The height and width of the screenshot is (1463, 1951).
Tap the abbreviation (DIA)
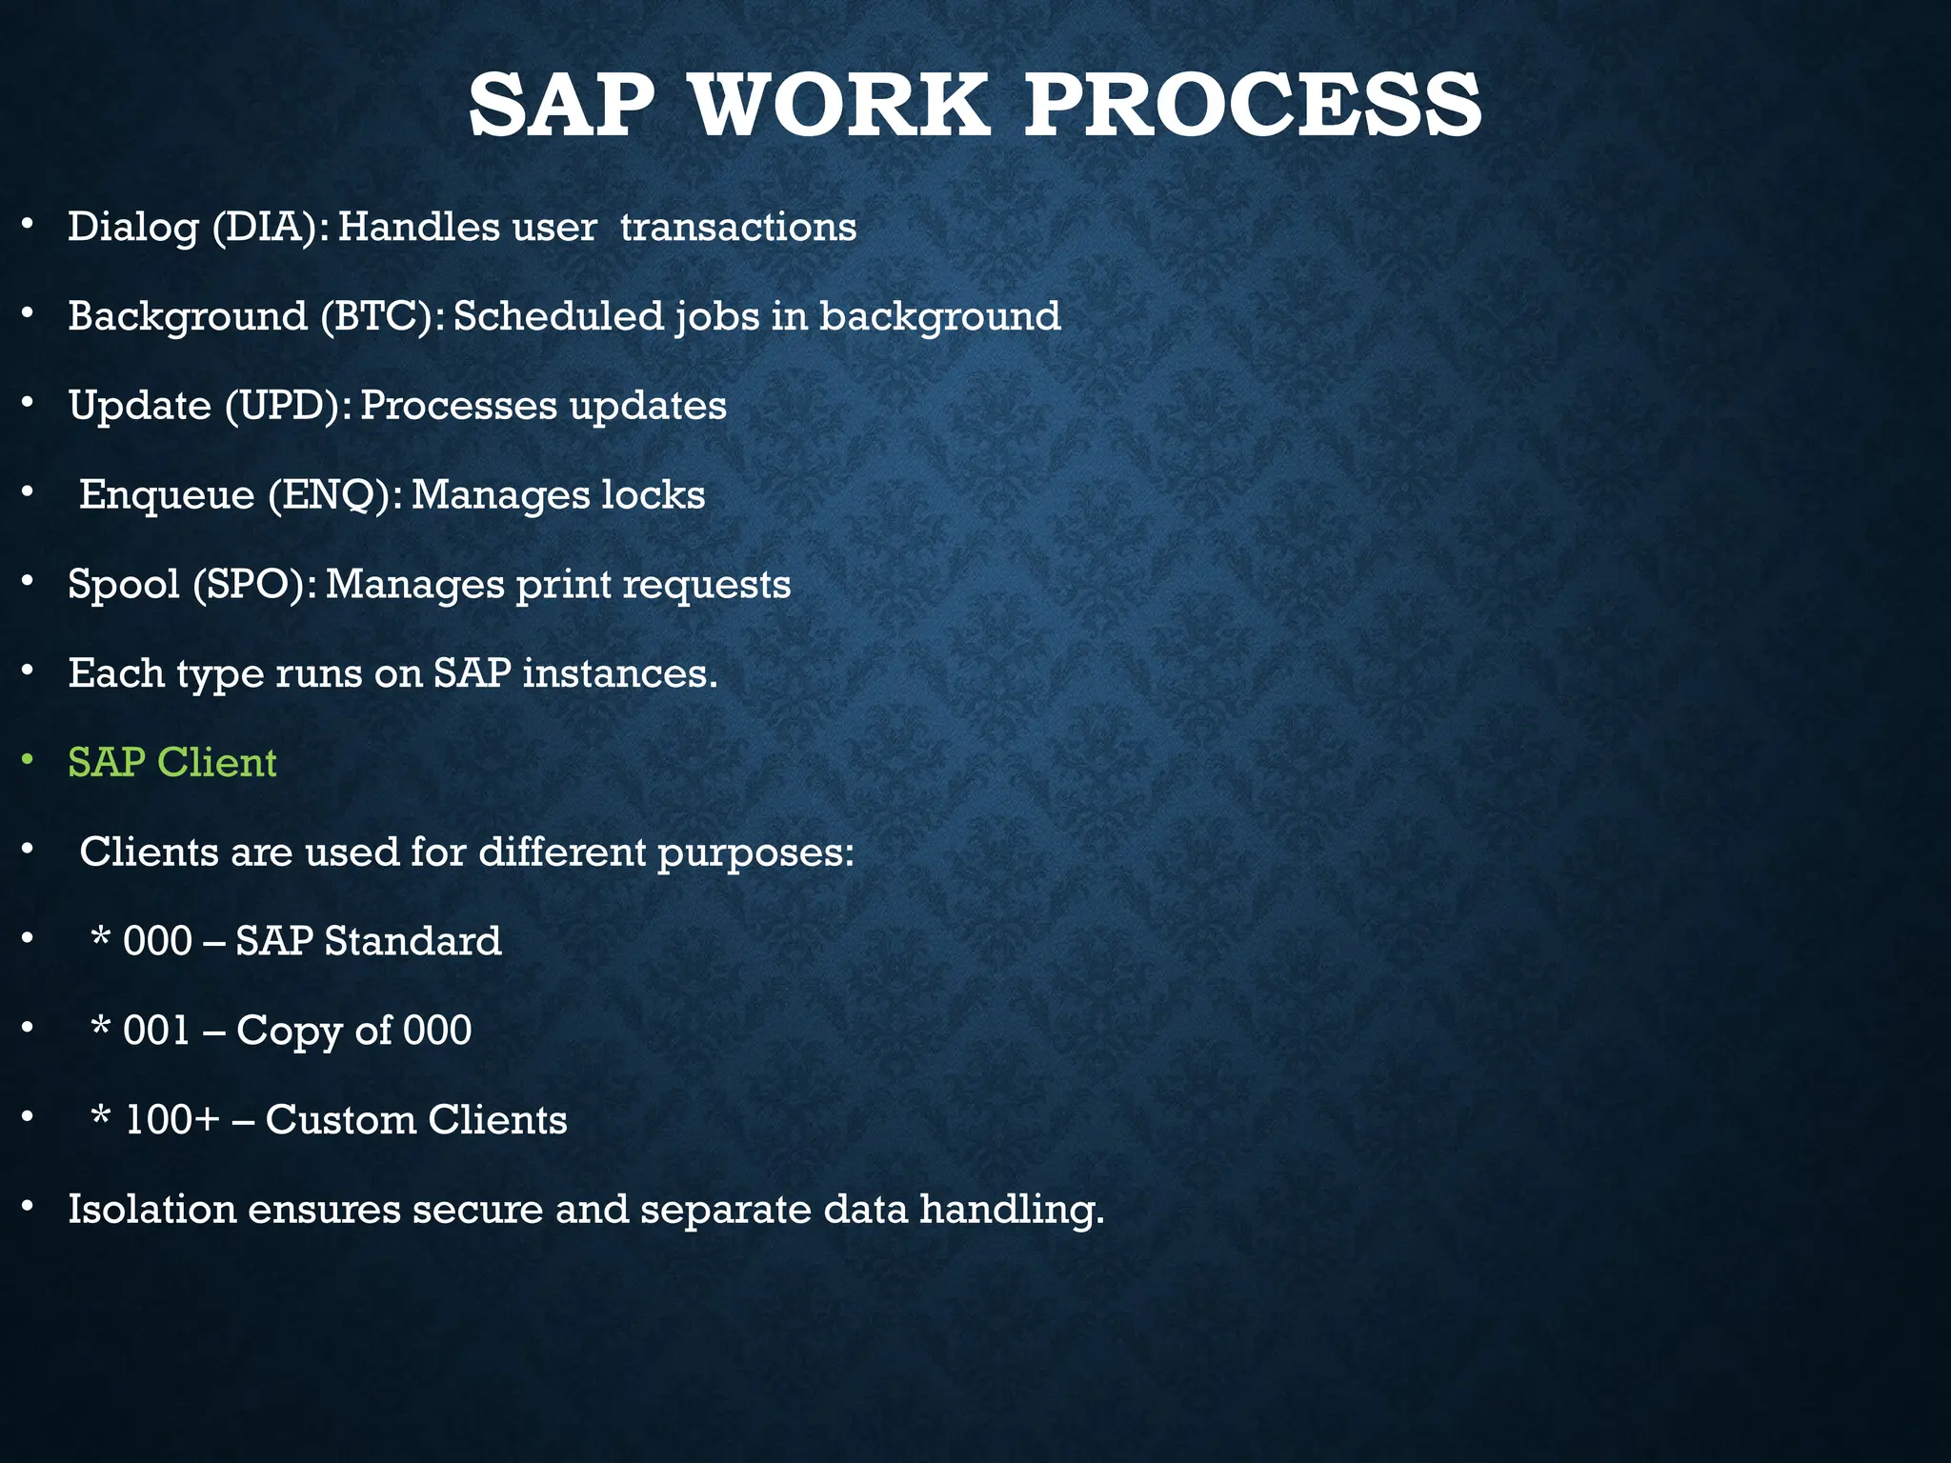coord(270,228)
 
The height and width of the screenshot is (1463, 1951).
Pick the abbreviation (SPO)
coord(254,584)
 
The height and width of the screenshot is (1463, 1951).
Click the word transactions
coord(738,228)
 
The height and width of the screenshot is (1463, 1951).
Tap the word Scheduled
coord(558,316)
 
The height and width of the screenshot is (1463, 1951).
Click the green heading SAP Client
coord(172,763)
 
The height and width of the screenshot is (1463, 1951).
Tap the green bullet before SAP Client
coord(29,760)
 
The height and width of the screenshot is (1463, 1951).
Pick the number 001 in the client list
coord(157,1031)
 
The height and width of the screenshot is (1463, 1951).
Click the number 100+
coord(172,1120)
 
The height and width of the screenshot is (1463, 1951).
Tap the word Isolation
coord(151,1210)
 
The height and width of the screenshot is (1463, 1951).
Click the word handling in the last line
coord(1011,1211)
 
